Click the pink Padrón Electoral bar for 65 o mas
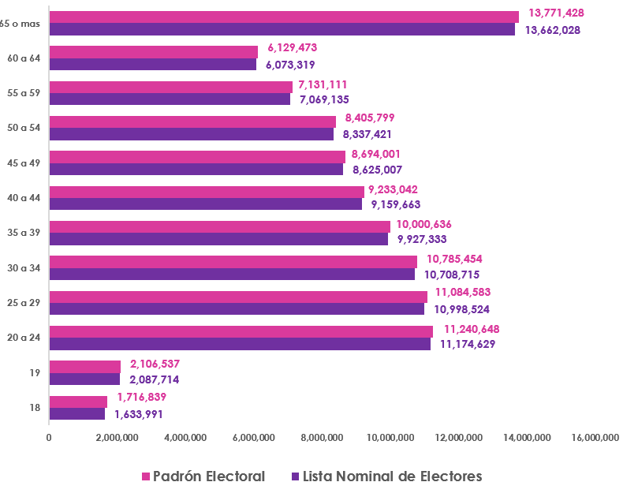(x=284, y=17)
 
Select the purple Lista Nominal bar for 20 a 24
(x=240, y=344)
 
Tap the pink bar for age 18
(x=78, y=402)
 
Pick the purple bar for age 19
(x=84, y=379)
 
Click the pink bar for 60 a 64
(x=153, y=51)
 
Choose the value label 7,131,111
(x=323, y=84)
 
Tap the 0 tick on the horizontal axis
(x=49, y=438)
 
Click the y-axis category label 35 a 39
(x=24, y=233)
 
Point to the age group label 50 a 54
(x=24, y=128)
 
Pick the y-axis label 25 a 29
(x=24, y=303)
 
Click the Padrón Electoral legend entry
(x=203, y=476)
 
